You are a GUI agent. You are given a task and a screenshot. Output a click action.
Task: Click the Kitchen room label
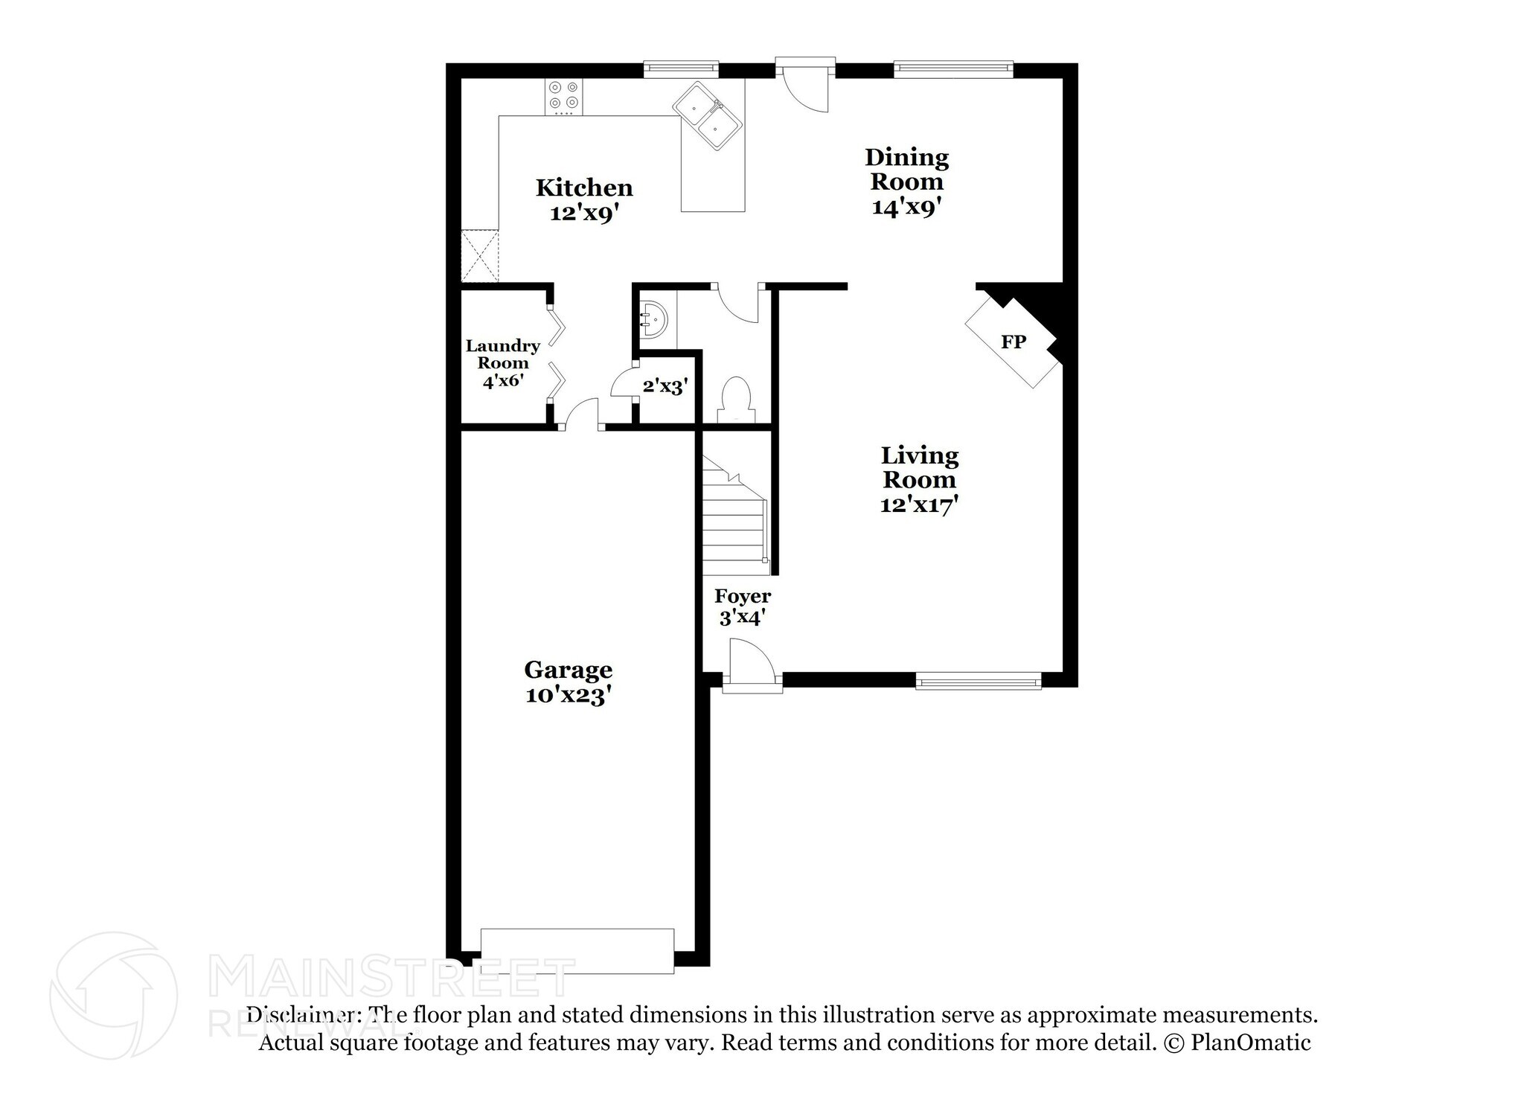click(584, 187)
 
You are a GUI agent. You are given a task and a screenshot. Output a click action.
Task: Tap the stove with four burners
click(563, 96)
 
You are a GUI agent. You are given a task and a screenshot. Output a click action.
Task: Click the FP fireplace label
click(1013, 342)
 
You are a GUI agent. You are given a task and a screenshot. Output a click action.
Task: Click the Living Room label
click(919, 467)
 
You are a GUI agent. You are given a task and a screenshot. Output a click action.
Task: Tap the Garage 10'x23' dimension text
click(568, 696)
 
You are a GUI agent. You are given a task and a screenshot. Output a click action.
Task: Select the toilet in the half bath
click(736, 399)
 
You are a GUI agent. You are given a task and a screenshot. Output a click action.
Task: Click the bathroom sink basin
click(654, 320)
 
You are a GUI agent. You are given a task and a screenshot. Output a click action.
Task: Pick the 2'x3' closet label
click(665, 386)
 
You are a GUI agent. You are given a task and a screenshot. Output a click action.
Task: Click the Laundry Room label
click(503, 354)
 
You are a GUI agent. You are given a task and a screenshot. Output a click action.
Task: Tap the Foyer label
click(742, 596)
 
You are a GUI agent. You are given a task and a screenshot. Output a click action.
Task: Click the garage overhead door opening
click(577, 950)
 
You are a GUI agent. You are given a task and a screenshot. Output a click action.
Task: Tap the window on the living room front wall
click(978, 680)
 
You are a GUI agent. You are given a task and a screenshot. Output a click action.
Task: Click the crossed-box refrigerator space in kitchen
click(479, 256)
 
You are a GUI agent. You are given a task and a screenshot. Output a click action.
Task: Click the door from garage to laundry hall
click(580, 413)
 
